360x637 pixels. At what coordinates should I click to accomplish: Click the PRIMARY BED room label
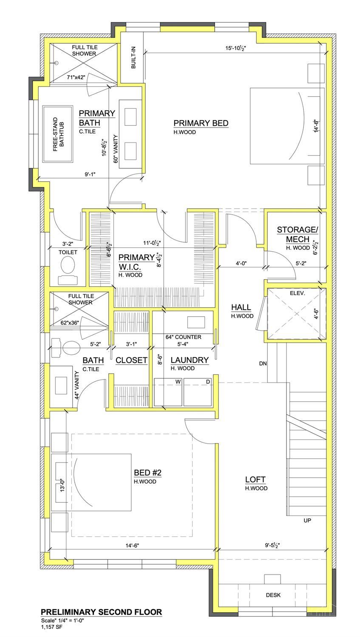pyautogui.click(x=201, y=123)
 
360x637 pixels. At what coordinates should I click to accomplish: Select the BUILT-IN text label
pyautogui.click(x=133, y=58)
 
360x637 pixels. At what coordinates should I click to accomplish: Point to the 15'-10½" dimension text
pyautogui.click(x=235, y=48)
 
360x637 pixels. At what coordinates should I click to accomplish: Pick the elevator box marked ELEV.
pyautogui.click(x=296, y=314)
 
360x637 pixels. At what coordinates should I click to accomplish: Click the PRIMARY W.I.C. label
pyautogui.click(x=136, y=262)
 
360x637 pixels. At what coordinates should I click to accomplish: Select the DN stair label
pyautogui.click(x=263, y=364)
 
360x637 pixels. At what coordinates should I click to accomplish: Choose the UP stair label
pyautogui.click(x=307, y=520)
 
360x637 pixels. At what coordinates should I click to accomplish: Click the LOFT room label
pyautogui.click(x=255, y=479)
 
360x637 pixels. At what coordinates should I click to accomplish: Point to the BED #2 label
pyautogui.click(x=147, y=473)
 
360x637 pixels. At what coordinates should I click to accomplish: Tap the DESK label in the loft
pyautogui.click(x=273, y=595)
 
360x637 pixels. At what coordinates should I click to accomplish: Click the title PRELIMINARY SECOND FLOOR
pyautogui.click(x=101, y=612)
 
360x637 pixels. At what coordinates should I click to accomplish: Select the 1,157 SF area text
pyautogui.click(x=51, y=627)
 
